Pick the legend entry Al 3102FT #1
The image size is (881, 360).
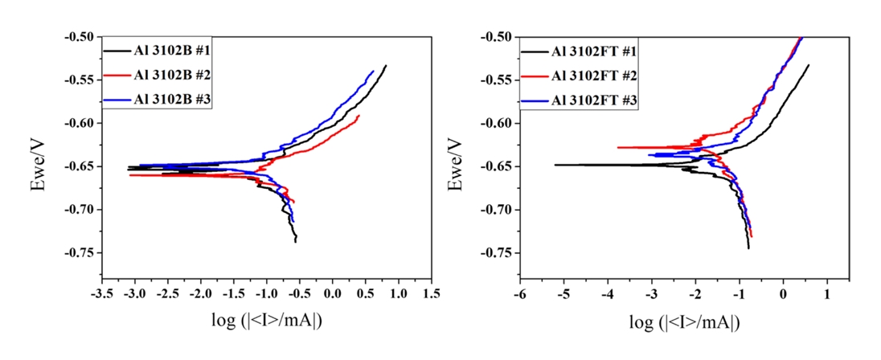pos(593,52)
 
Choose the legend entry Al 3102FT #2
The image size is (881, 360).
pos(593,76)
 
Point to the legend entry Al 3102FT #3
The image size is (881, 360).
pos(593,100)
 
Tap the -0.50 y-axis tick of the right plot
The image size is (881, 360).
pos(499,37)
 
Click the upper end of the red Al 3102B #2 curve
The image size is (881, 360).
pos(359,116)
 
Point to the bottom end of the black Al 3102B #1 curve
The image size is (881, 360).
pos(296,241)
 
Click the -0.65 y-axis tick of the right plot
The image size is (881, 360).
pos(499,166)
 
